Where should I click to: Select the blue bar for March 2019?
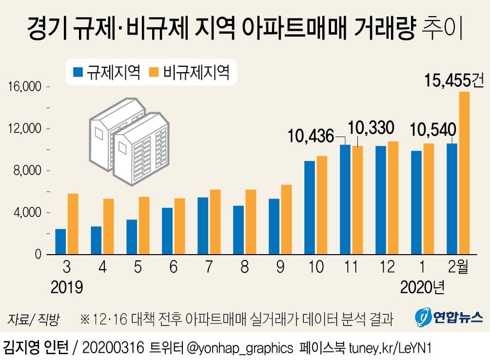tap(60, 242)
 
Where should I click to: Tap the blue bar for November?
tap(345, 200)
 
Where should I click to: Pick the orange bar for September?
tap(286, 220)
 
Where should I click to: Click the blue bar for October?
tap(310, 208)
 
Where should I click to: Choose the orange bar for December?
tap(393, 198)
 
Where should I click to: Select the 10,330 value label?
tap(371, 128)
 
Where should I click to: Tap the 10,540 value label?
tap(433, 129)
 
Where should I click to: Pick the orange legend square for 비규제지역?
tap(155, 73)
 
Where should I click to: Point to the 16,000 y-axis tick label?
tap(23, 87)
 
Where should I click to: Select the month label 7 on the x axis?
tap(209, 267)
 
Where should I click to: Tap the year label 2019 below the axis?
tap(67, 287)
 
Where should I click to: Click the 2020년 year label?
tap(422, 287)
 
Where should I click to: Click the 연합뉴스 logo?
tap(449, 318)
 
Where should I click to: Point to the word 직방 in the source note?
tap(48, 320)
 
